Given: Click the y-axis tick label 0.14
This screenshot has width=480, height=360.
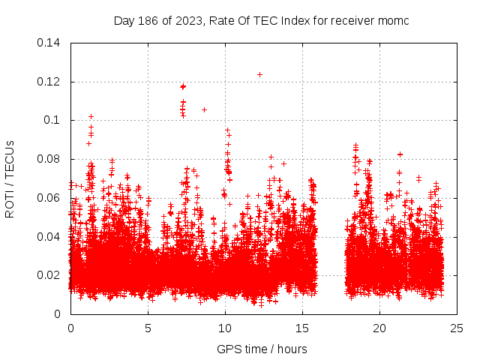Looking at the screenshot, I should pos(50,43).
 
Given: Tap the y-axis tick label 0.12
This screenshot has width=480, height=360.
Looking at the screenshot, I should pos(50,82).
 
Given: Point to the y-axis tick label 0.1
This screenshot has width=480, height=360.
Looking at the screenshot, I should pos(54,120).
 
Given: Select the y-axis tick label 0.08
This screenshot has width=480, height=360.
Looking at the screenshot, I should pos(50,159).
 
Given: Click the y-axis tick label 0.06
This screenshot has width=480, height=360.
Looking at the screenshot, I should pos(50,198).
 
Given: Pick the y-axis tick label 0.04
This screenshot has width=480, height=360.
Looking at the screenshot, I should pos(50,237).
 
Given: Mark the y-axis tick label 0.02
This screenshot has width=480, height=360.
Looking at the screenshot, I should pos(50,275).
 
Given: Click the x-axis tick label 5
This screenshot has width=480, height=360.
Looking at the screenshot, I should pos(148,328).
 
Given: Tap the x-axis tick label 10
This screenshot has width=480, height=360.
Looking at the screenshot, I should pos(225,328).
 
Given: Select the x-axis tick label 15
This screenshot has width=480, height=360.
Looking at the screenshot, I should pos(302,328).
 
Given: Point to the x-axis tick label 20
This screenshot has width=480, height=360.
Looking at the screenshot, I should pos(379,328).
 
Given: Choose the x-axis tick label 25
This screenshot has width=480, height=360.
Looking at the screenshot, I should pos(457,328).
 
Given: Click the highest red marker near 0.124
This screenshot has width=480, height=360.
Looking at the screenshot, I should pos(259,74).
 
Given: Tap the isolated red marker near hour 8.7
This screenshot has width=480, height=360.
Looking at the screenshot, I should pos(204,109).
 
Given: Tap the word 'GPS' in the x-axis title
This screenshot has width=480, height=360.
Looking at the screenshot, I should pos(228,349).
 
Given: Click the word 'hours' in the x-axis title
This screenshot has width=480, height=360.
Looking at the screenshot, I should pos(291,349).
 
